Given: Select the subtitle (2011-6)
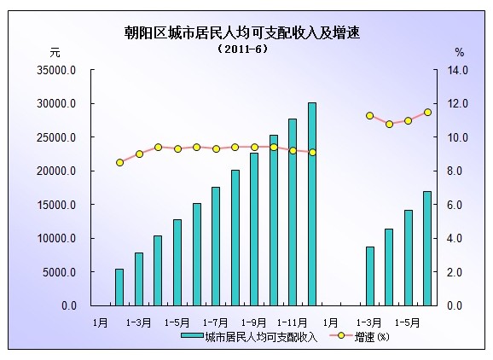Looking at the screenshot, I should point(242,50).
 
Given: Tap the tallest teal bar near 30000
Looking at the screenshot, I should point(312,204).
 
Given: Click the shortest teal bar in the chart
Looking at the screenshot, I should point(119,287).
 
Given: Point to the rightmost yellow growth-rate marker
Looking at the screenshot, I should point(427,112).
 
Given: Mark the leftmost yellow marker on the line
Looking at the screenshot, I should point(119,162).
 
